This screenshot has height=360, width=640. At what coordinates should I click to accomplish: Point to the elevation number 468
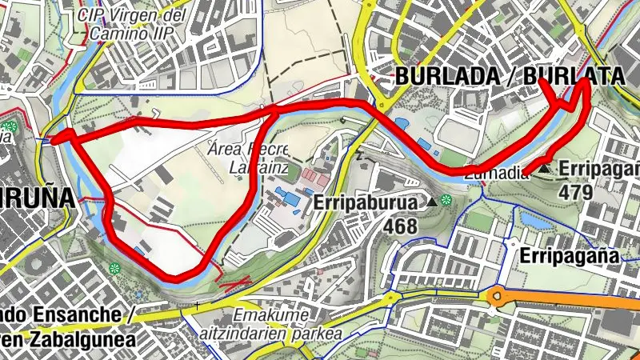(400, 226)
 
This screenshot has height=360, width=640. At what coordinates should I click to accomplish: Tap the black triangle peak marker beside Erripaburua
(432, 202)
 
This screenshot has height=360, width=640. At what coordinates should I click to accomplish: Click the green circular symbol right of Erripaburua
(446, 201)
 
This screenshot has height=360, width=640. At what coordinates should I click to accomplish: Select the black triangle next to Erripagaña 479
(545, 169)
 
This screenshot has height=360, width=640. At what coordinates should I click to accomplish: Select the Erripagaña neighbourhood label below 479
(570, 256)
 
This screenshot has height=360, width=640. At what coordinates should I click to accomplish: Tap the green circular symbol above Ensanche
(115, 268)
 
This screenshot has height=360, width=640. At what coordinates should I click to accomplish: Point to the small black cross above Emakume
(197, 305)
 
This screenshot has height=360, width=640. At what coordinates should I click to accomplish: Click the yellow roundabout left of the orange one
(393, 299)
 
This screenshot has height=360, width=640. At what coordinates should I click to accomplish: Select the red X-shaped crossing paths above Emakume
(237, 282)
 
